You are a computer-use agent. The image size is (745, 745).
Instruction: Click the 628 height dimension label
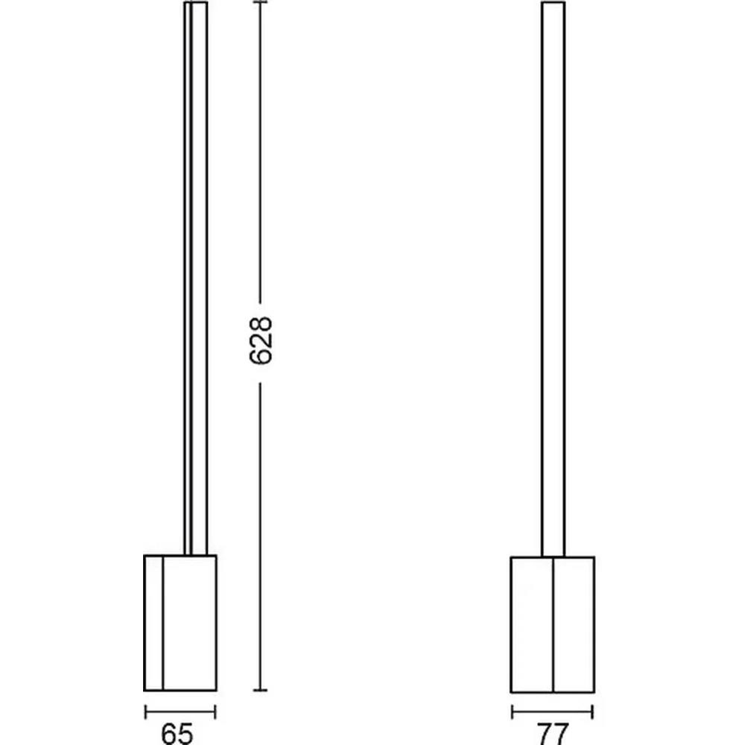tap(261, 340)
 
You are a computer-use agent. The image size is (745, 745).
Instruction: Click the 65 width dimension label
tap(177, 734)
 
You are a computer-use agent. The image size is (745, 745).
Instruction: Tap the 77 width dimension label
tap(553, 734)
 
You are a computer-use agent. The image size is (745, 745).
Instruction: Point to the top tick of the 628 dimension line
tap(260, 2)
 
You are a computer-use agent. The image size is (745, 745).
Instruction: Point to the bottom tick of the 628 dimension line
tap(260, 690)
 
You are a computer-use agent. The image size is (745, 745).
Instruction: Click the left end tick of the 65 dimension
tap(145, 711)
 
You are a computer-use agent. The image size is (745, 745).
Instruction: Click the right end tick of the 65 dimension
tap(215, 711)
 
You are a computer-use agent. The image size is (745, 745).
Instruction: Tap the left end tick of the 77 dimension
tap(513, 711)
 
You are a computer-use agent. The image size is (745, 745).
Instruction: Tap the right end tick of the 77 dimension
tap(592, 711)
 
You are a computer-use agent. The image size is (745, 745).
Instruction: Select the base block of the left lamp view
tap(180, 622)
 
